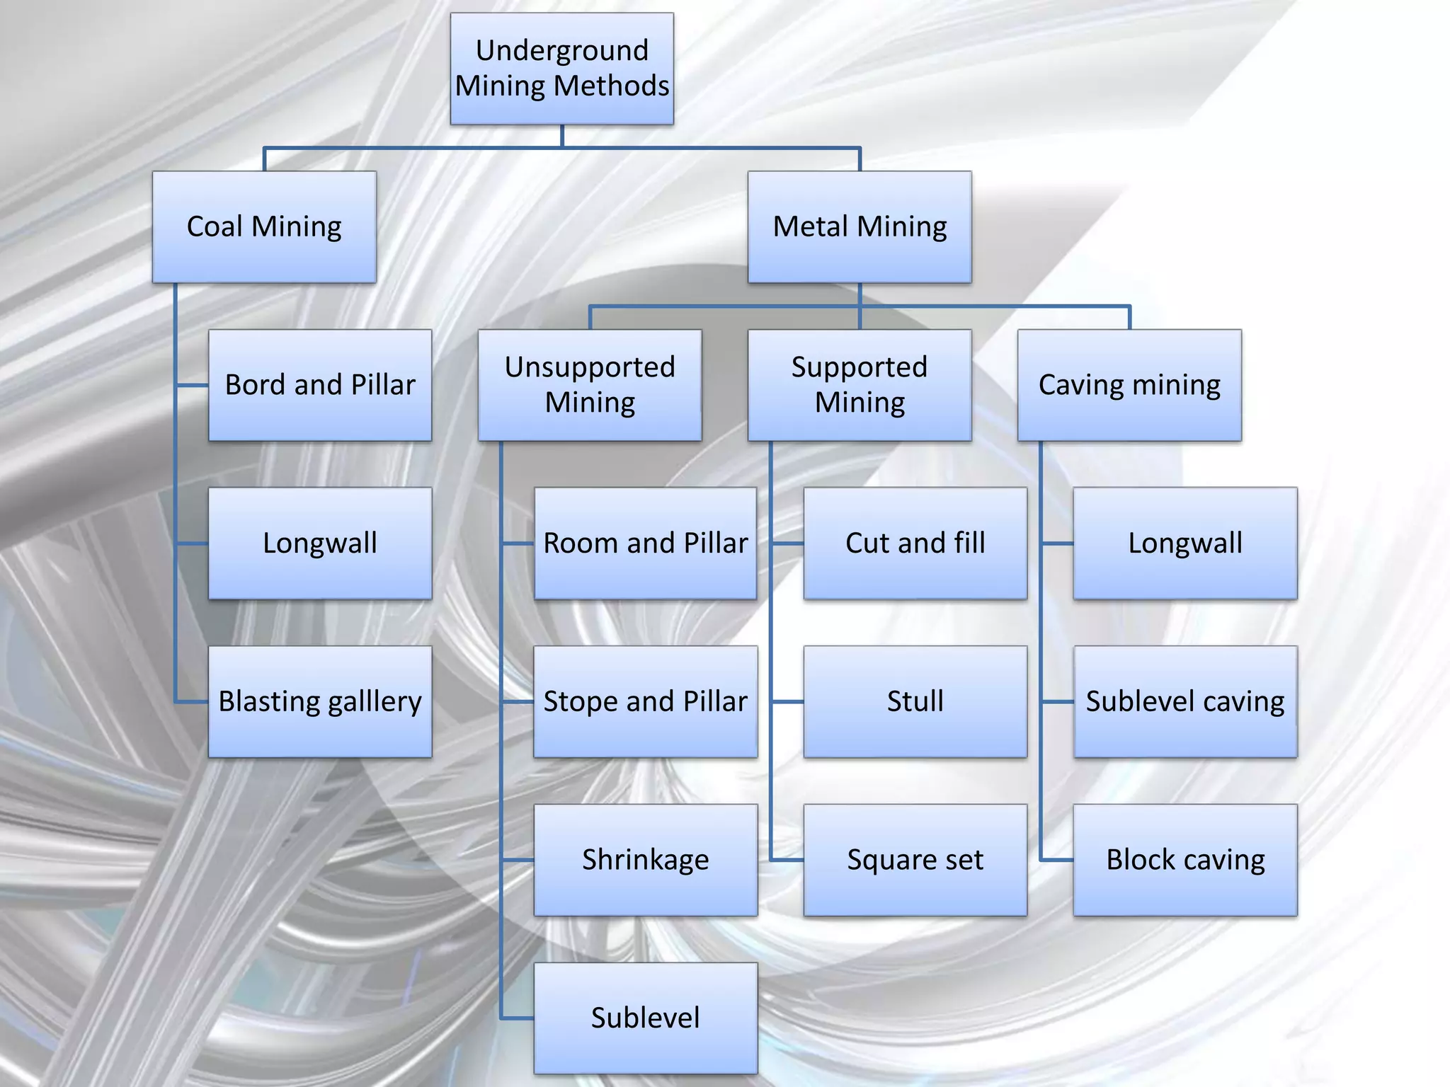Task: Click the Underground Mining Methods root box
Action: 561,69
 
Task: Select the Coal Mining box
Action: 264,226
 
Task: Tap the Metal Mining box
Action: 860,226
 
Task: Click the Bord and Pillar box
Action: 320,385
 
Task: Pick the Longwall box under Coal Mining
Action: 320,543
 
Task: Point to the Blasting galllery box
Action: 320,701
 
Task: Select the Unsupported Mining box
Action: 590,385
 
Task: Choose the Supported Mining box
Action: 860,385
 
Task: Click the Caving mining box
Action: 1129,385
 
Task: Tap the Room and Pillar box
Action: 645,543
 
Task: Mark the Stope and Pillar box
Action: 645,701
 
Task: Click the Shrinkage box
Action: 645,860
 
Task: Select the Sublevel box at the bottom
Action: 645,1018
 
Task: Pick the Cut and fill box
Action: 915,543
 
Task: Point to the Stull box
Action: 915,701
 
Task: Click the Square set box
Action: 915,860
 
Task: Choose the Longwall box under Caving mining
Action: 1185,543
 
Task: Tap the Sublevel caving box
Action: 1185,701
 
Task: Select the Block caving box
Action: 1185,860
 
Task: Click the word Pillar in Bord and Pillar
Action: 383,385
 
